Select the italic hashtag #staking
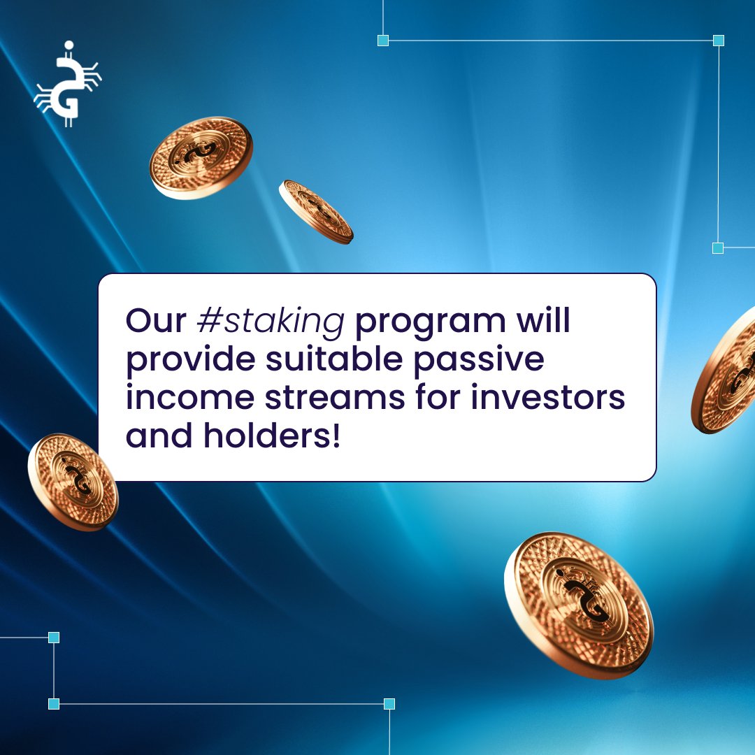[271, 320]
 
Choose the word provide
[187, 359]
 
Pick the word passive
[479, 359]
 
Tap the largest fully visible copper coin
[578, 605]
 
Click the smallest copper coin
[316, 212]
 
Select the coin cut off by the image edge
[727, 371]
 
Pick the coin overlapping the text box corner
[73, 482]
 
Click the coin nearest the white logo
[201, 158]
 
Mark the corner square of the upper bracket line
[718, 41]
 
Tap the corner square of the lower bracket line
[54, 703]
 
